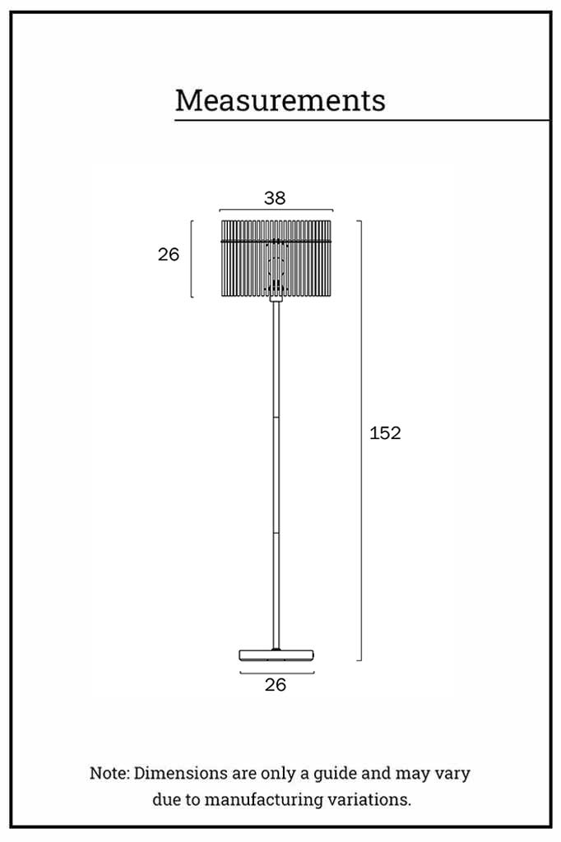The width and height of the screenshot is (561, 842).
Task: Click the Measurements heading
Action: pyautogui.click(x=280, y=100)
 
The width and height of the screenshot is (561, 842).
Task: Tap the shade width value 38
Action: pyautogui.click(x=275, y=198)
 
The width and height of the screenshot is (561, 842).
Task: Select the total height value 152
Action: pyautogui.click(x=385, y=433)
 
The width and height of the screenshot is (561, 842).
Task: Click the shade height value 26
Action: pyautogui.click(x=168, y=255)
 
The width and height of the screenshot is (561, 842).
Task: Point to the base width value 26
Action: pyautogui.click(x=276, y=685)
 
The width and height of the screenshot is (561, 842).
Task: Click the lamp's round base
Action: pyautogui.click(x=276, y=655)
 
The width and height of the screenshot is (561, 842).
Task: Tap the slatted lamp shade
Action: pyautogui.click(x=276, y=257)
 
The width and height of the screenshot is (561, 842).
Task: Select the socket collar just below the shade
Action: pyautogui.click(x=276, y=298)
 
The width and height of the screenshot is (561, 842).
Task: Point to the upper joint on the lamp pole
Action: pyautogui.click(x=276, y=417)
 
